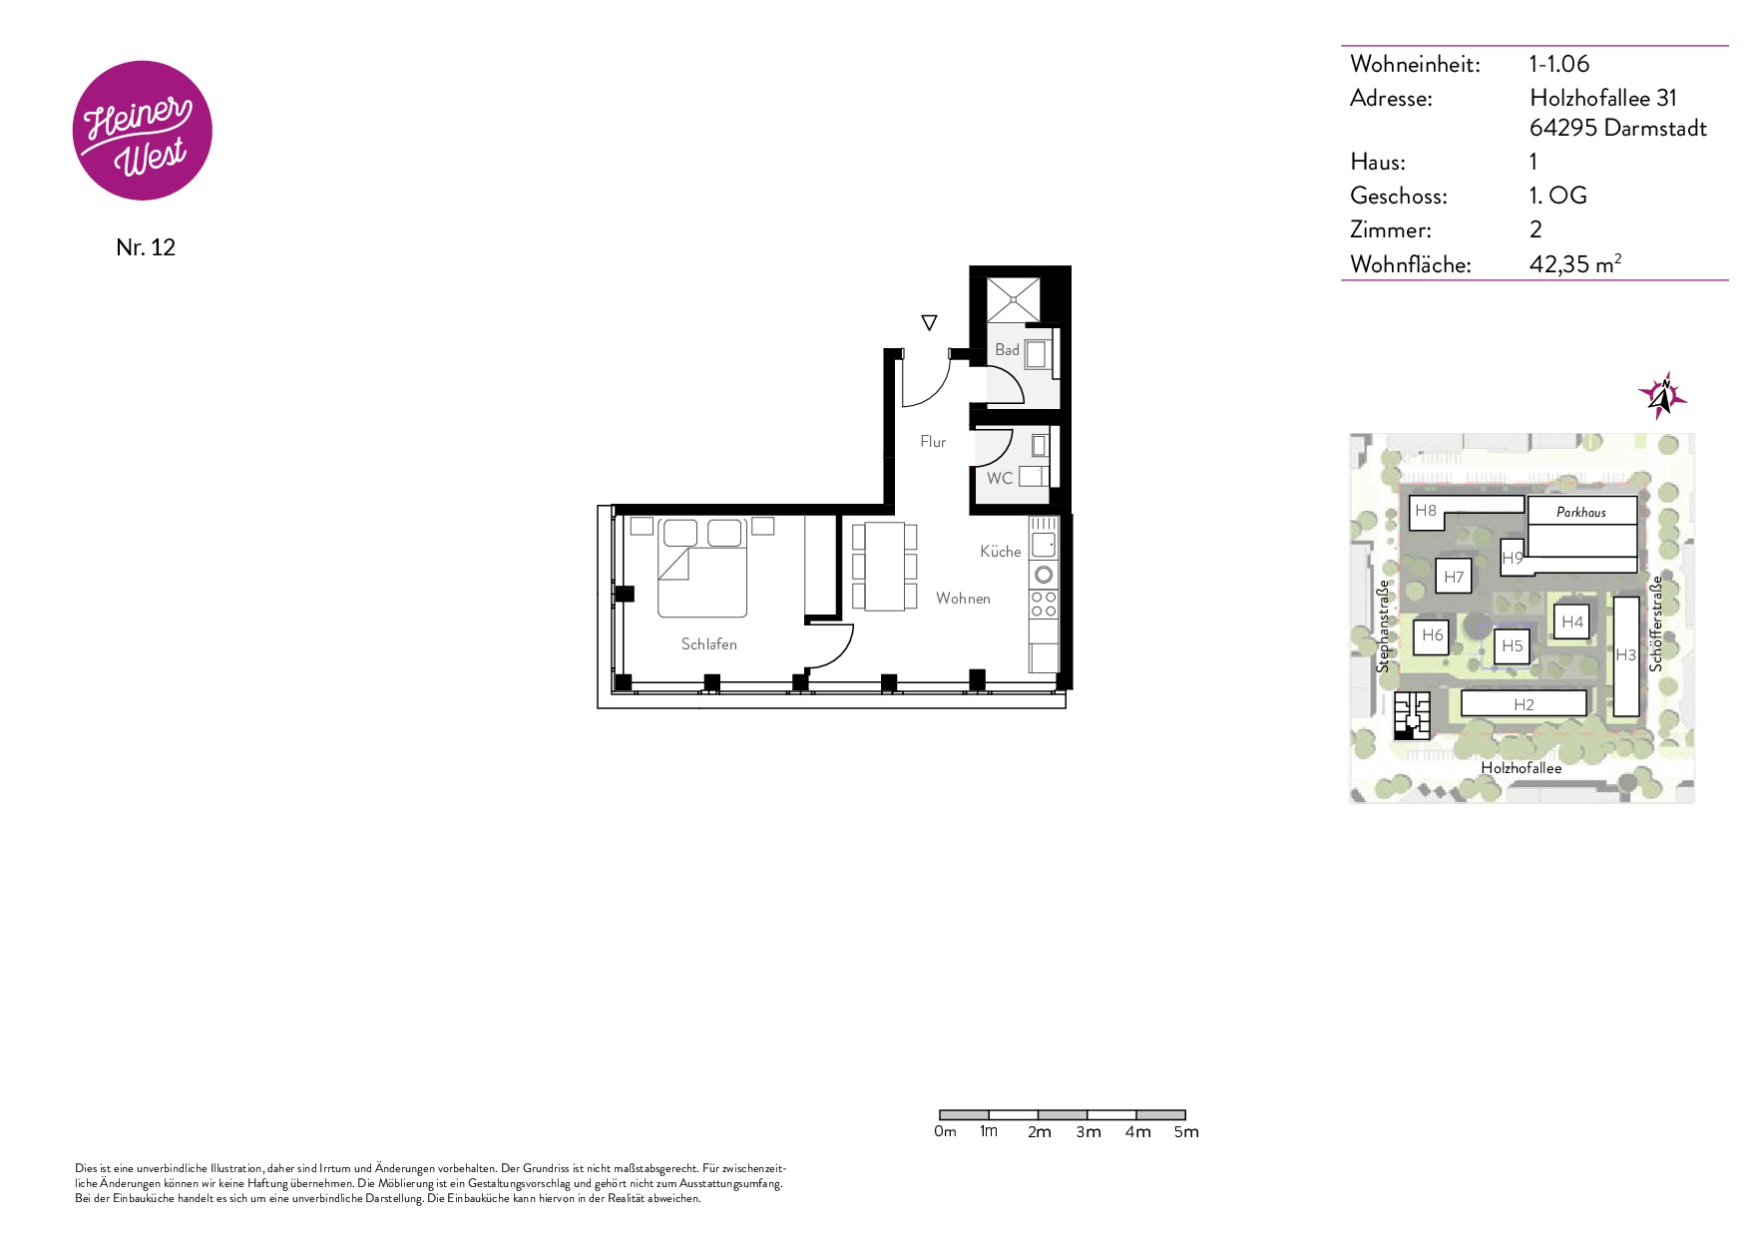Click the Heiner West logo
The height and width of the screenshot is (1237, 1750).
143,131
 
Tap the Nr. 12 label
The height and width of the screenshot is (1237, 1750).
146,247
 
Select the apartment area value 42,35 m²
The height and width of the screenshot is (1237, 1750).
1575,264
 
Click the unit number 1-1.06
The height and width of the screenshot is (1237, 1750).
1559,64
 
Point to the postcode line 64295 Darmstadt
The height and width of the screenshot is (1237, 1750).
1618,128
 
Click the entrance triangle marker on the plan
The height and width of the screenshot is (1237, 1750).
929,323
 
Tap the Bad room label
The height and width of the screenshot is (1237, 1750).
1007,350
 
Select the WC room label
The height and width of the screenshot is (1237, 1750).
1000,479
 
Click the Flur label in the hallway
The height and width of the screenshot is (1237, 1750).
933,442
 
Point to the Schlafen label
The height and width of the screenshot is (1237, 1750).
709,644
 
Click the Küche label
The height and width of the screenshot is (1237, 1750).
1001,552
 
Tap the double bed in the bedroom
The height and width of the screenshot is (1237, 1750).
702,568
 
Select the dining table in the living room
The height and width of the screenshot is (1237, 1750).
885,567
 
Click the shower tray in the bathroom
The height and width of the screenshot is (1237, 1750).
1014,299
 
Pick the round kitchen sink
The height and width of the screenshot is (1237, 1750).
1044,575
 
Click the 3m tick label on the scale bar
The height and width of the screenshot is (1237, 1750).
1089,1132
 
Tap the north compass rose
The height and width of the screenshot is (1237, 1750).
1662,396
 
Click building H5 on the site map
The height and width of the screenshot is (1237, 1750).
1513,646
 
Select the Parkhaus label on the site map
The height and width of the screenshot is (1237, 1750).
1581,513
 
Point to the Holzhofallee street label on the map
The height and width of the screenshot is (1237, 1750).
1522,768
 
